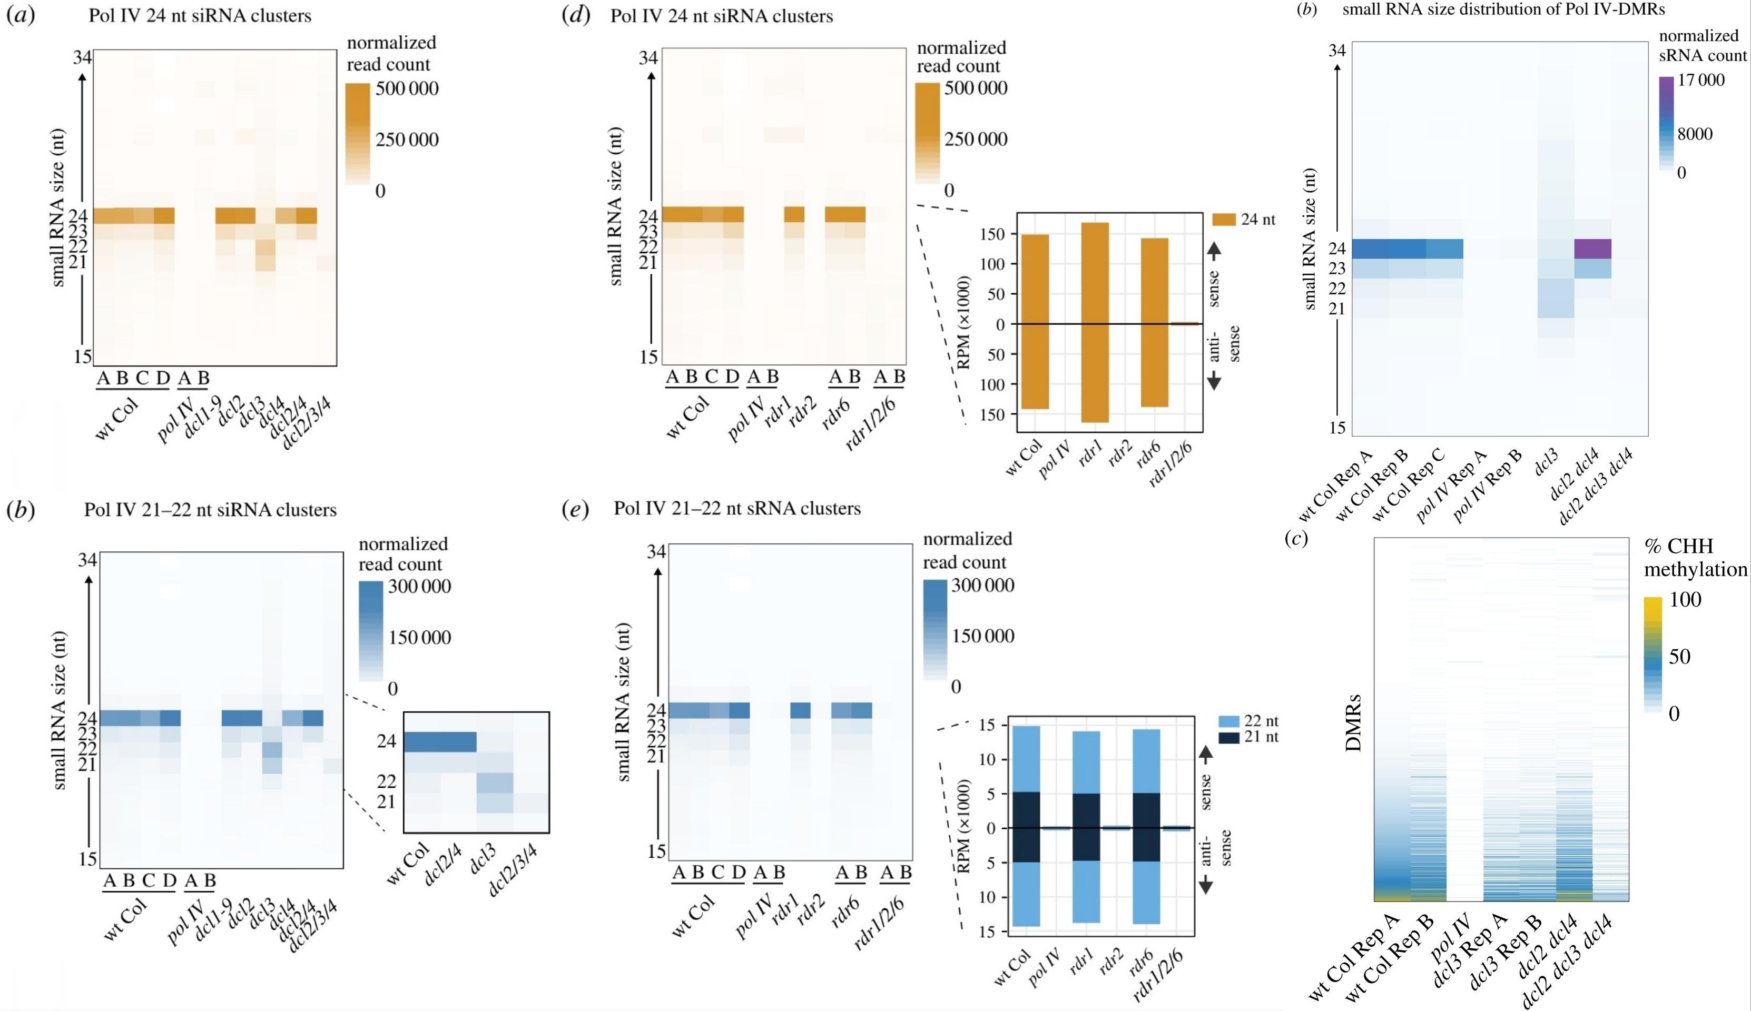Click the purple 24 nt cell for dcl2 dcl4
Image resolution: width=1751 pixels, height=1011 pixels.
pos(1592,249)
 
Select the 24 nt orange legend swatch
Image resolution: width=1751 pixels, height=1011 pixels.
pos(1224,220)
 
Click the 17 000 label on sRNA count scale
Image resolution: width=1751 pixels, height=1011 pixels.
pos(1700,81)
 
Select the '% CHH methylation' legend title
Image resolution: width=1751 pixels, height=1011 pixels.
pos(1695,558)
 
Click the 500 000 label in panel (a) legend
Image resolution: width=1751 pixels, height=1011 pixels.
pos(407,88)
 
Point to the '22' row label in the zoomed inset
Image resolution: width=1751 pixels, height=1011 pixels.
pos(386,782)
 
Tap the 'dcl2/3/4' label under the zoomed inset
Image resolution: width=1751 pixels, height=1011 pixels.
pos(513,871)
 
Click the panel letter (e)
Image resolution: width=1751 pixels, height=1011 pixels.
pos(575,509)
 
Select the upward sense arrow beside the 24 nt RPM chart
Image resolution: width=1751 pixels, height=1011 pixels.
pos(1213,251)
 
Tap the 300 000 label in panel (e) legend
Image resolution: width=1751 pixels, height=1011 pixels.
pos(983,586)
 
